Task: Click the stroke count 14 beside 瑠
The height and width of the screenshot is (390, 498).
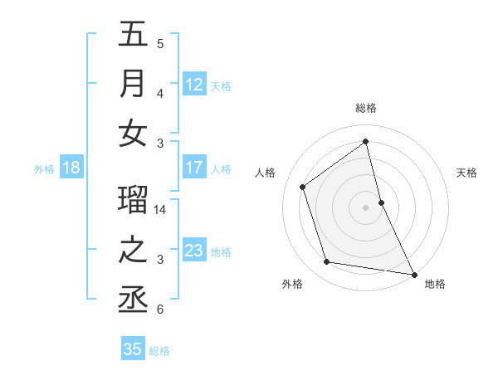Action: click(x=161, y=210)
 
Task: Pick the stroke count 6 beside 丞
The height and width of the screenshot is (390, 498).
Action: click(x=160, y=310)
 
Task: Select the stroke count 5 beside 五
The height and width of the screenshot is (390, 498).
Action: click(x=160, y=44)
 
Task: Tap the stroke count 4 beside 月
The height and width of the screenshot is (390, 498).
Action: click(x=160, y=94)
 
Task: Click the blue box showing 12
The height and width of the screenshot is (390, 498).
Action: click(x=194, y=84)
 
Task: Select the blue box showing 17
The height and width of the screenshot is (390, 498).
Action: click(x=194, y=168)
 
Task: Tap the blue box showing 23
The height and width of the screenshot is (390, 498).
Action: click(x=194, y=251)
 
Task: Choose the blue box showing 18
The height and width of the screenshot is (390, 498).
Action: click(x=71, y=168)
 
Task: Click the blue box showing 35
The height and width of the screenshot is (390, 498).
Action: click(x=133, y=349)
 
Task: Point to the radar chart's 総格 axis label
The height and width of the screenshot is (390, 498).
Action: click(x=366, y=108)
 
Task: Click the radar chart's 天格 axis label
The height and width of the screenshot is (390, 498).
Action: click(x=466, y=173)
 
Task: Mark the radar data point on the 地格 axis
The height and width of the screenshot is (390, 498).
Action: click(x=413, y=274)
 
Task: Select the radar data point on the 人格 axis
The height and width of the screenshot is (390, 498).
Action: click(x=303, y=187)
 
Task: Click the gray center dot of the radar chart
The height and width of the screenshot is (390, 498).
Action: click(x=366, y=207)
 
